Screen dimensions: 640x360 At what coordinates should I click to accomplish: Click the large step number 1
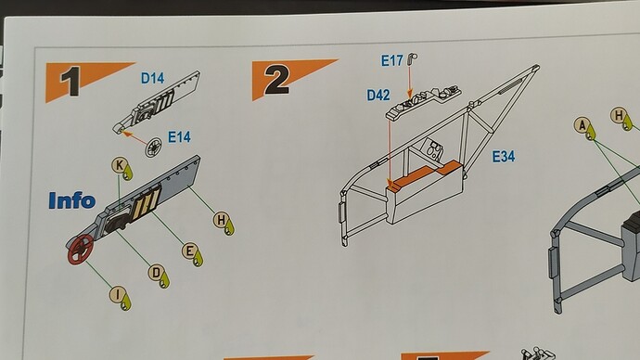click(x=70, y=82)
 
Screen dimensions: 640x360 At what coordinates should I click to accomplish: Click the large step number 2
click(x=277, y=80)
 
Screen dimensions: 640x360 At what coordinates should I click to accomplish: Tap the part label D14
click(x=153, y=78)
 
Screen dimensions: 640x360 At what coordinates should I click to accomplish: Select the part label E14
click(x=179, y=137)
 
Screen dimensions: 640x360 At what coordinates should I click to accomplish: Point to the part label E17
click(x=392, y=61)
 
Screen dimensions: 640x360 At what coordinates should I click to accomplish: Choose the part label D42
click(x=378, y=95)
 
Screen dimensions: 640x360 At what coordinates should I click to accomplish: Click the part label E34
click(x=504, y=156)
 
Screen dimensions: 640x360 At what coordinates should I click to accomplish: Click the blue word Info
click(x=71, y=200)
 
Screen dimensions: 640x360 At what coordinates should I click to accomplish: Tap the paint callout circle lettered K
click(x=119, y=165)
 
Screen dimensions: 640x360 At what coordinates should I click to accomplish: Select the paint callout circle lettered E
click(x=189, y=251)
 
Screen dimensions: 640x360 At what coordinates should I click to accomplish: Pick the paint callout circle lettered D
click(x=156, y=273)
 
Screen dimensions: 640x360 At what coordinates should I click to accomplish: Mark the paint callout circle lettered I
click(x=118, y=295)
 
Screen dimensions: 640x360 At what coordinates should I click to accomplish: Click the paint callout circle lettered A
click(x=582, y=125)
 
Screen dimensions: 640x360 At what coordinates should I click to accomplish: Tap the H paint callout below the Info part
click(x=222, y=220)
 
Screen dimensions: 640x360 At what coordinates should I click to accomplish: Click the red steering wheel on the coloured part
click(x=81, y=250)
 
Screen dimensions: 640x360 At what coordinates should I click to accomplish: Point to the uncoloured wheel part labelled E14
click(x=154, y=147)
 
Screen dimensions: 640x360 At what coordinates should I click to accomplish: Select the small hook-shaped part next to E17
click(x=413, y=59)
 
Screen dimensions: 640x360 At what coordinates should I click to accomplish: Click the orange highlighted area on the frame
click(x=425, y=174)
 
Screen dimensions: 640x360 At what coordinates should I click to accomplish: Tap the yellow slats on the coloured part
click(x=147, y=201)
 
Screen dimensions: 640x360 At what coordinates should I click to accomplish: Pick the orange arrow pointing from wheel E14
click(x=135, y=137)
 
